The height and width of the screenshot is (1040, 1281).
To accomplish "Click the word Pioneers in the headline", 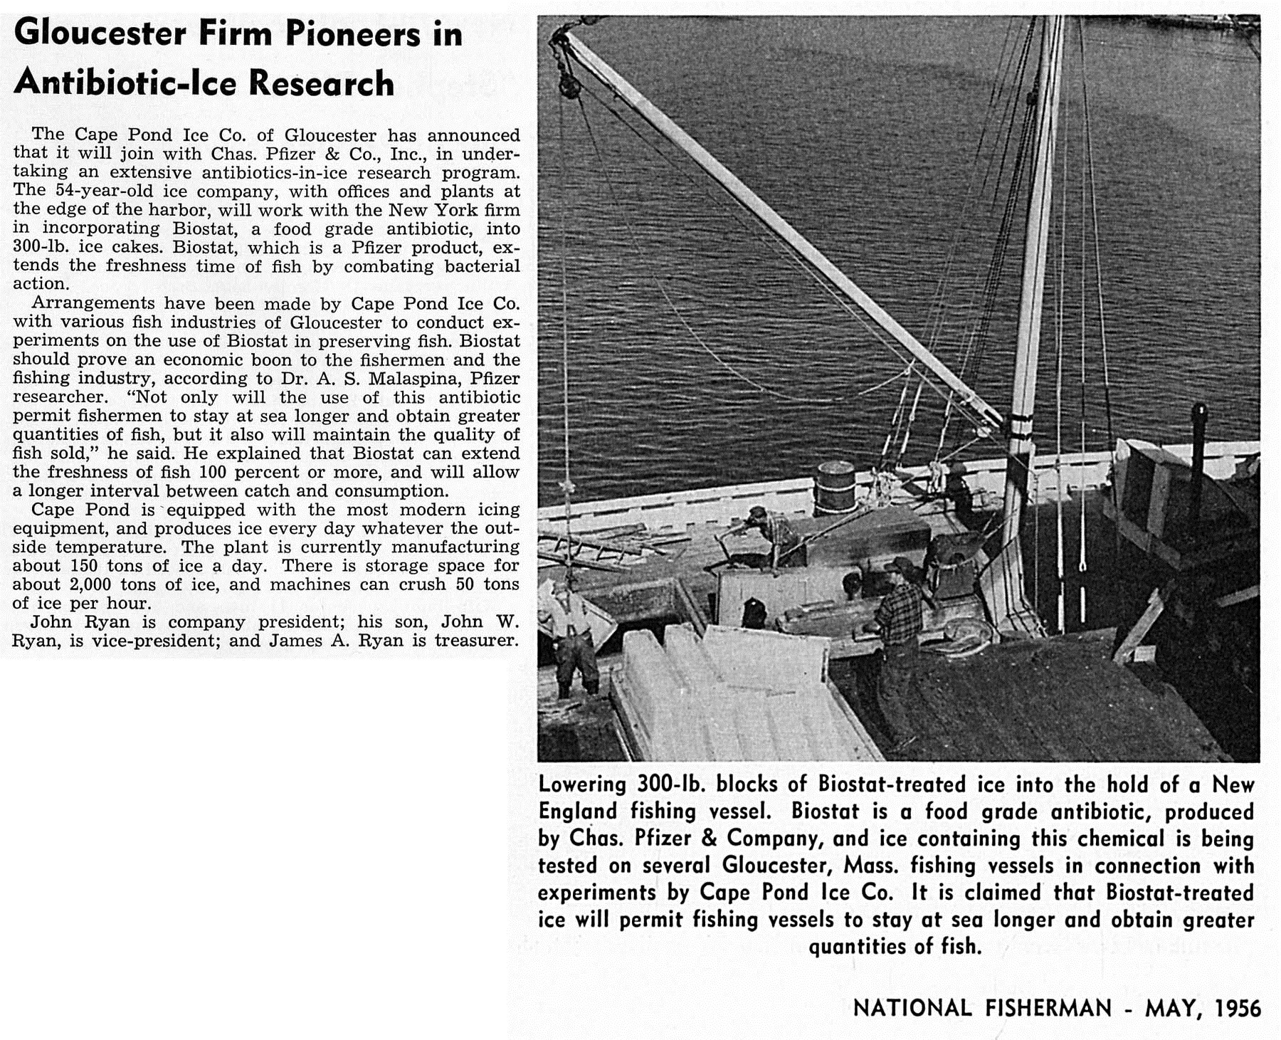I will pyautogui.click(x=353, y=34).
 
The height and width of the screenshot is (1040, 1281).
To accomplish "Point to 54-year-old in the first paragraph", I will pyautogui.click(x=95, y=191).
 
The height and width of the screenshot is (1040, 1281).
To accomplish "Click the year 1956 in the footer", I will pyautogui.click(x=1238, y=1008).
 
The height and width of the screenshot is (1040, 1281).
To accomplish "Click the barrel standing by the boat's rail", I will pyautogui.click(x=834, y=488).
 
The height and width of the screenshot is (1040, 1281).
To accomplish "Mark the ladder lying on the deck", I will pyautogui.click(x=591, y=552).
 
